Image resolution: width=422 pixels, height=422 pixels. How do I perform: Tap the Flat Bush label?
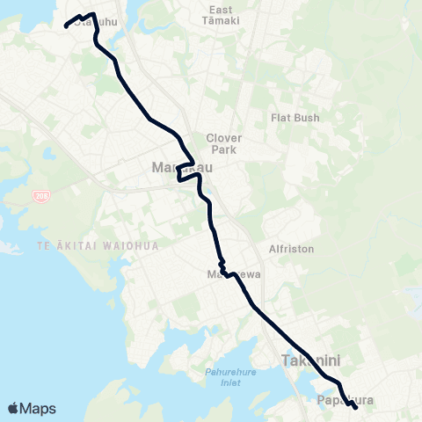295,117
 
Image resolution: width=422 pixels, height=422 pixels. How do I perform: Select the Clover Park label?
222,143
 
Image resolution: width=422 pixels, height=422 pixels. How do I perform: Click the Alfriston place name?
291,249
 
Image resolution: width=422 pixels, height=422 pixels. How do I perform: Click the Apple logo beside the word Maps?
13,408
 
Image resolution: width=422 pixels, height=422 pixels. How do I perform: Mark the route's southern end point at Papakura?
354,407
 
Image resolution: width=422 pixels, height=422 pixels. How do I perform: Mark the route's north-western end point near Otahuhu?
66,25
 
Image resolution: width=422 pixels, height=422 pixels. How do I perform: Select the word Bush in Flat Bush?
307,117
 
